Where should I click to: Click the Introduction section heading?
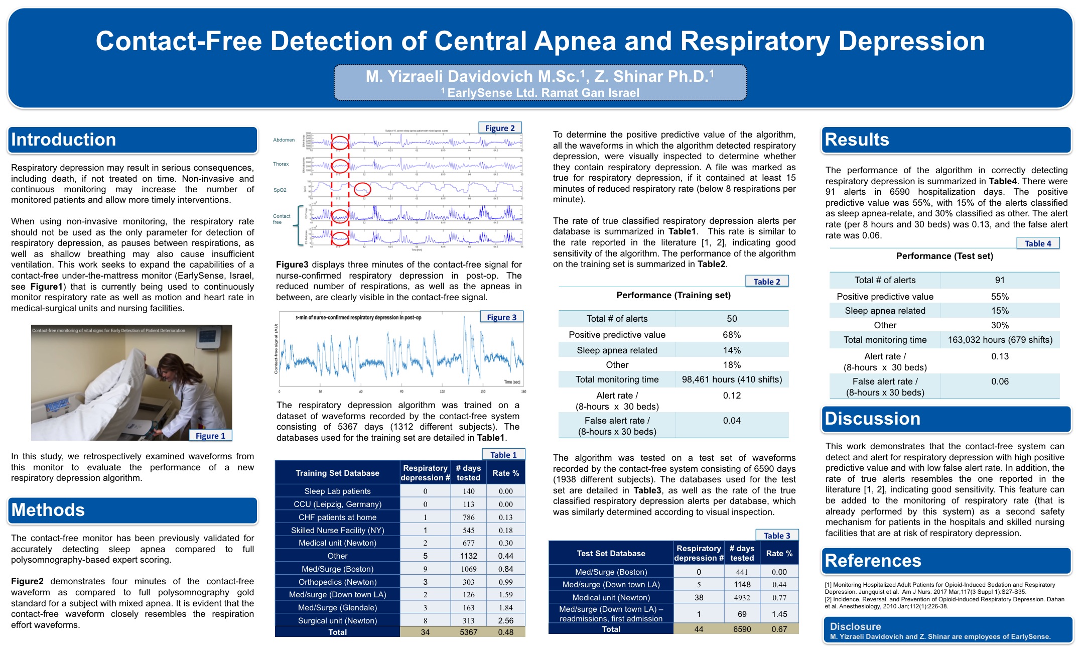[64, 140]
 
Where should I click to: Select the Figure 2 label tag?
[500, 128]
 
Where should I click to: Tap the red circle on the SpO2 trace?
[362, 190]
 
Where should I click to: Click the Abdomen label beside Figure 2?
[284, 140]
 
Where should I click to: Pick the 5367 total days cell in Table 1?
[468, 632]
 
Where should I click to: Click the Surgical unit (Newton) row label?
[337, 620]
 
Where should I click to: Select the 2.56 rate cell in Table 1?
[505, 620]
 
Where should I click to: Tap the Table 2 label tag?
[767, 282]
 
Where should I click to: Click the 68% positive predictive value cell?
[732, 335]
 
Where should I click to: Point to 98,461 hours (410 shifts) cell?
[732, 379]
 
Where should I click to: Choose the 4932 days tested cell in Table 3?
[742, 597]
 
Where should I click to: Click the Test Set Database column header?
[611, 553]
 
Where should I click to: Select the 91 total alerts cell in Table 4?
[1000, 280]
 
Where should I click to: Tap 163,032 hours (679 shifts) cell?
[1000, 340]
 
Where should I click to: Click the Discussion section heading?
[873, 419]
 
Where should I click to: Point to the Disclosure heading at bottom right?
[855, 626]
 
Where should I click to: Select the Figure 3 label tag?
[501, 317]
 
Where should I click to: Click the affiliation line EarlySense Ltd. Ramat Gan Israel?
[543, 93]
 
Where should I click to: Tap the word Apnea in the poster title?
[575, 41]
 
